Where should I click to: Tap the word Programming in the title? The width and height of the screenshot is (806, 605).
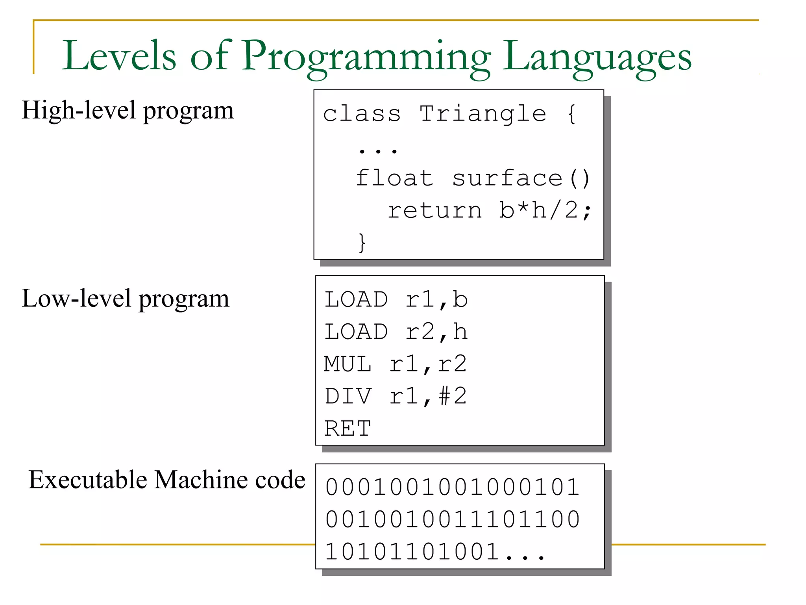click(x=366, y=56)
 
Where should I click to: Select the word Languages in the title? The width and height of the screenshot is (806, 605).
click(x=597, y=56)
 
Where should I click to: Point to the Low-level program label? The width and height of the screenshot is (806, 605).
click(x=125, y=299)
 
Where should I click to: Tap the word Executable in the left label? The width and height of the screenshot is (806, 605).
click(x=88, y=480)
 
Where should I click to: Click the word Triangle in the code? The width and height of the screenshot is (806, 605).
click(x=483, y=114)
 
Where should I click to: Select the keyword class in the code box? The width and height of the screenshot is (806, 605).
click(x=362, y=114)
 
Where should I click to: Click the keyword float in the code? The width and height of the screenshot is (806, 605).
click(x=394, y=178)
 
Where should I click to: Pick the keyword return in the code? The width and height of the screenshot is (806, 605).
click(x=434, y=210)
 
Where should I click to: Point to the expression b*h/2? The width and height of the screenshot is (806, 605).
click(x=545, y=210)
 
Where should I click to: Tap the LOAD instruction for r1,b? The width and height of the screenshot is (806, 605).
click(x=356, y=299)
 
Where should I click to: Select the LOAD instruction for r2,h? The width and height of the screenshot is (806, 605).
click(x=356, y=332)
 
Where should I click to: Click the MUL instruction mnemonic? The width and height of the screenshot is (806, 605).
click(x=348, y=364)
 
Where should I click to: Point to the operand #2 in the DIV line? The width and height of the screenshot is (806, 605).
click(x=453, y=396)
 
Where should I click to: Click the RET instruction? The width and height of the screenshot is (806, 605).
click(x=348, y=429)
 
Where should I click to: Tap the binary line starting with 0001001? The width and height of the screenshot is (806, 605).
click(x=453, y=487)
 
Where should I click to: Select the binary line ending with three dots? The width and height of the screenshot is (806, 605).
click(x=435, y=552)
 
